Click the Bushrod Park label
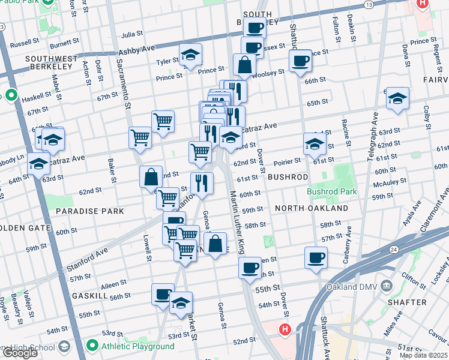click(x=332, y=192)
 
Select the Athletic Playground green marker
click(x=92, y=346)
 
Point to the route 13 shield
click(x=368, y=4)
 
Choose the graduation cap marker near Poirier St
click(x=315, y=143)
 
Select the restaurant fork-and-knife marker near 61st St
click(x=202, y=182)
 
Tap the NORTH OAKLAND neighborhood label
click(x=312, y=208)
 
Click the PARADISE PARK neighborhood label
click(x=90, y=211)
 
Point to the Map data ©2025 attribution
click(x=423, y=355)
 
